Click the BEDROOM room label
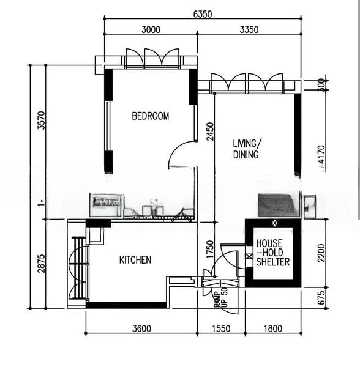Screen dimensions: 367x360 pos(151,116)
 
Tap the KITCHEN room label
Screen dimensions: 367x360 pos(135,260)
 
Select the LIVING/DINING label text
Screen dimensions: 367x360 pos(247,149)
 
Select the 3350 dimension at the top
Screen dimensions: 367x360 pos(249,29)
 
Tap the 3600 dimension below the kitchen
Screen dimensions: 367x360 pos(141,328)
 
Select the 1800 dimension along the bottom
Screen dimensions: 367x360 pos(272,328)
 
